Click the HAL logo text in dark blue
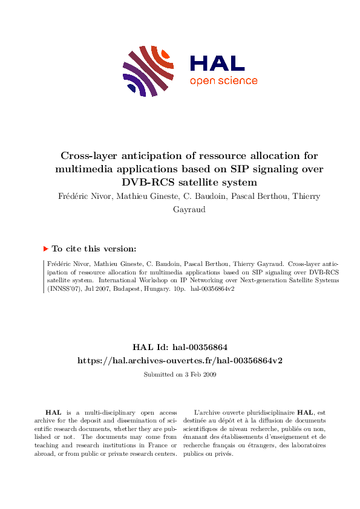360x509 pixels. point(217,64)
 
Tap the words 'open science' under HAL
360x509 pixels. point(223,81)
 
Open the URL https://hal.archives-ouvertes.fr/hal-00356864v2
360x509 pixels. point(180,360)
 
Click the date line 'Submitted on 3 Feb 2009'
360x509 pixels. point(180,374)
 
